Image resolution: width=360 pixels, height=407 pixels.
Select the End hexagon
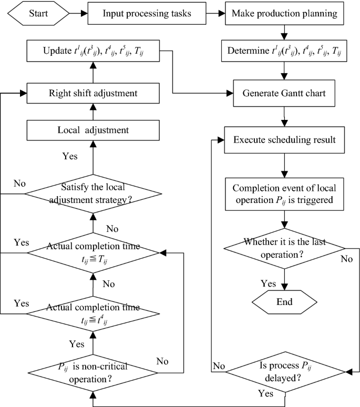pyautogui.click(x=284, y=302)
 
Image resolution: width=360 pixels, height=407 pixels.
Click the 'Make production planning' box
pyautogui.click(x=284, y=13)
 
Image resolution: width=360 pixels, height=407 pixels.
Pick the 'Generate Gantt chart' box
pyautogui.click(x=284, y=94)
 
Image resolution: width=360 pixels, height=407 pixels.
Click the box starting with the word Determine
pyautogui.click(x=284, y=52)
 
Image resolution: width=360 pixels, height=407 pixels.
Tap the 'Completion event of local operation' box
pyautogui.click(x=284, y=194)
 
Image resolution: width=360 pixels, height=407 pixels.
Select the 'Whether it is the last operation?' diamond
pyautogui.click(x=284, y=248)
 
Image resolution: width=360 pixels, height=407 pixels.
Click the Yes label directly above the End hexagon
pyautogui.click(x=268, y=283)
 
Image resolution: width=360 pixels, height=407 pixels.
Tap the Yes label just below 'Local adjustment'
pyautogui.click(x=69, y=156)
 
